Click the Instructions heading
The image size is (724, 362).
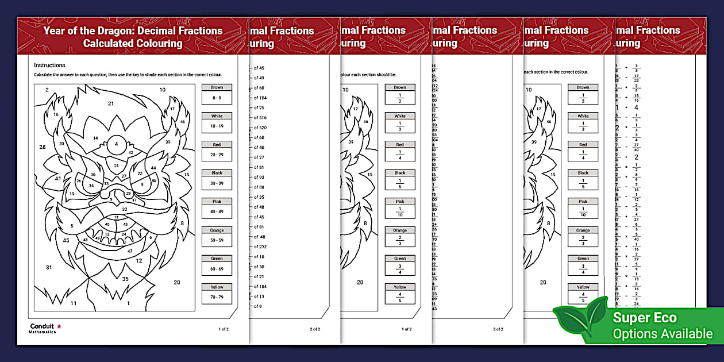pos(49,66)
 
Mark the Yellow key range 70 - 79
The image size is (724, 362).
pos(217,298)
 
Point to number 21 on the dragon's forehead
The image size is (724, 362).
pos(111,103)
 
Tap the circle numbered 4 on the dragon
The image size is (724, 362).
pos(117,144)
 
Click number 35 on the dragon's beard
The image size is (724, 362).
pos(125,279)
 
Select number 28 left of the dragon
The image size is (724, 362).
pos(43,148)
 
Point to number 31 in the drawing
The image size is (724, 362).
pos(49,267)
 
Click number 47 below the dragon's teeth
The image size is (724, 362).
pos(130,251)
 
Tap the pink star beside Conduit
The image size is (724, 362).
pos(59,326)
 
